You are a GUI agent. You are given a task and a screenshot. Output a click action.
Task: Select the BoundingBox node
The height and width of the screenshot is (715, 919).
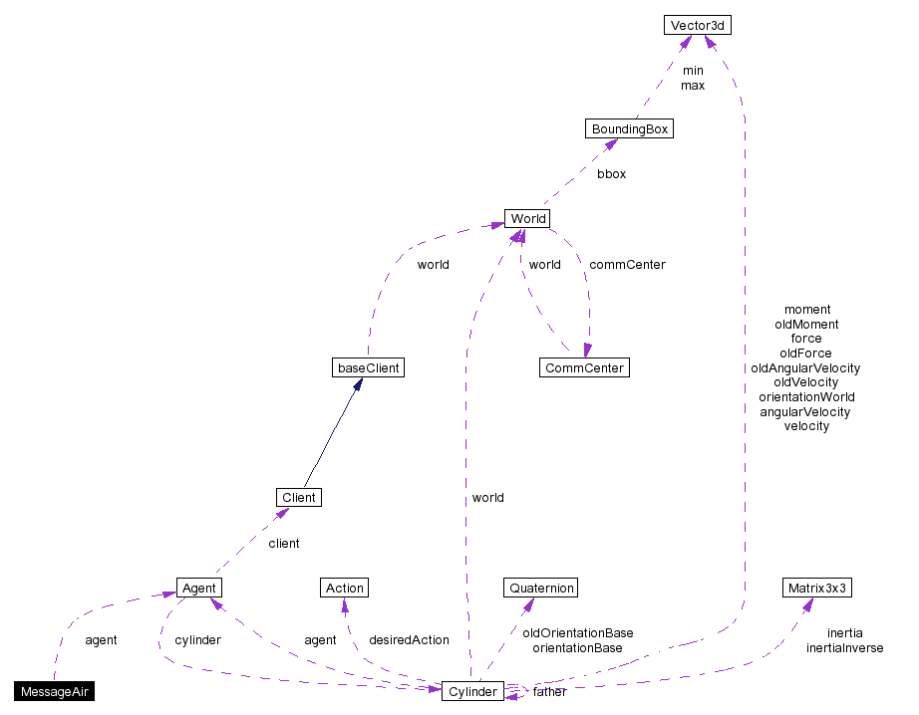coord(629,129)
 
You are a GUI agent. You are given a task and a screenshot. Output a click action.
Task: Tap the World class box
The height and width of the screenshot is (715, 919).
coord(527,219)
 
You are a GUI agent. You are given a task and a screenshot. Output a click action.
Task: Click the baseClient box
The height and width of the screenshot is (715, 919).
coord(368,368)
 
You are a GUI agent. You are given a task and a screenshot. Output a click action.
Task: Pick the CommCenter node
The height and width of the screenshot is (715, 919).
coord(584,368)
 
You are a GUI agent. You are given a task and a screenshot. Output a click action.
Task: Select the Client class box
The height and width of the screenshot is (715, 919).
coord(298,497)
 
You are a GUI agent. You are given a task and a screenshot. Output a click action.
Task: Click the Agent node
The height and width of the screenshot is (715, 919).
coord(198,588)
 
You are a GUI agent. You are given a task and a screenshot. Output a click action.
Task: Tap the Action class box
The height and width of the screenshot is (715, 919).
coord(345,588)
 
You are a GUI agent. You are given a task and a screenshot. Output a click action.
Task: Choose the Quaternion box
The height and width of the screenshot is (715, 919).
coord(540,588)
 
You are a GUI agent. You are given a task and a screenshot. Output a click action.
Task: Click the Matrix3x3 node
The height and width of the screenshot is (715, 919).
coord(816,588)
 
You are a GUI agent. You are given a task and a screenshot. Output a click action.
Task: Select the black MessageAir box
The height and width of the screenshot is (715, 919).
coord(55,691)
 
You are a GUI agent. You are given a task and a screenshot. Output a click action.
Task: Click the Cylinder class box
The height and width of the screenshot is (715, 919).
coord(471,691)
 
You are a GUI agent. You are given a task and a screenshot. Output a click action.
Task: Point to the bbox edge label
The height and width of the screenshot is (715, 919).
coord(611,173)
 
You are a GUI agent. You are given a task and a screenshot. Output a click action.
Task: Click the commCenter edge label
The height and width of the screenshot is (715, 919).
coord(627,265)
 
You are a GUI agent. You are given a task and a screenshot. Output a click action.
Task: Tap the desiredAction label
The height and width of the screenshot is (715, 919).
coord(409,640)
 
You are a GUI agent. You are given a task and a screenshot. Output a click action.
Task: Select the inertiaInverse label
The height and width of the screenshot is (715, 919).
coord(844,648)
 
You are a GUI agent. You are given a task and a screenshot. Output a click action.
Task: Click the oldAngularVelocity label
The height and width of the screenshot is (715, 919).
coord(805,367)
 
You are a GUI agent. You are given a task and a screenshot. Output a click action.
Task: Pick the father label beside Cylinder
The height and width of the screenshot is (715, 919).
coord(549,692)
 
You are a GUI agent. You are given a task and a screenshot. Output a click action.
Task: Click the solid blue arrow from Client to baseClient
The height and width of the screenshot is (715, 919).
coord(329,438)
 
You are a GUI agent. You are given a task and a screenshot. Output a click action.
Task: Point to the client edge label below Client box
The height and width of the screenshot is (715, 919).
coord(283,544)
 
